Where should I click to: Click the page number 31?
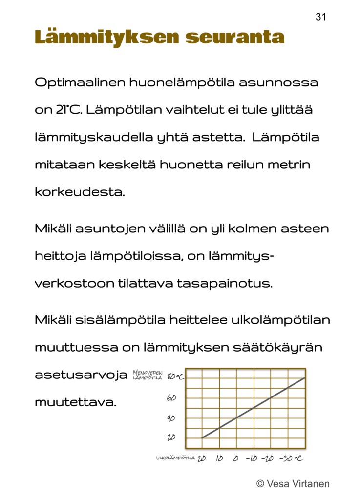click(x=320, y=17)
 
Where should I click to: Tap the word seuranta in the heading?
click(x=235, y=37)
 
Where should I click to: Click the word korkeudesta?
click(x=80, y=192)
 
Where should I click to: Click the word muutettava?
click(x=75, y=403)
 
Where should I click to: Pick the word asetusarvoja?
click(x=81, y=375)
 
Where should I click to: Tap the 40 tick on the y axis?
click(x=171, y=418)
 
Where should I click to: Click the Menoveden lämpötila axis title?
click(x=148, y=375)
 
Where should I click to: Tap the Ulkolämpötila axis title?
click(x=175, y=458)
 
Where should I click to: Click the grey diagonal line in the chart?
click(x=254, y=408)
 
